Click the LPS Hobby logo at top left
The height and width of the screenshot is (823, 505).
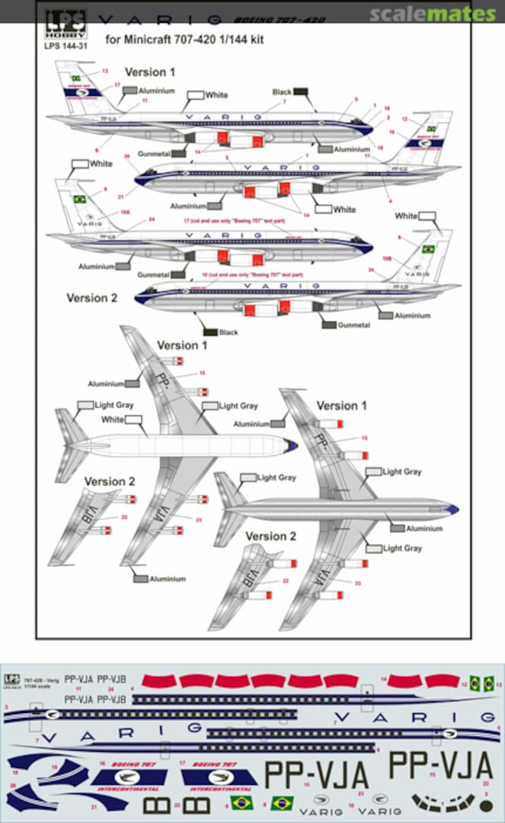66,23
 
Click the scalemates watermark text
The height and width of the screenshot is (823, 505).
433,14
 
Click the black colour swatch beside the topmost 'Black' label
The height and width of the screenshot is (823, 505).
301,91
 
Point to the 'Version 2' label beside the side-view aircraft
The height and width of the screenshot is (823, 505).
91,298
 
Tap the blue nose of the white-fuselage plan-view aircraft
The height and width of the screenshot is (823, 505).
291,446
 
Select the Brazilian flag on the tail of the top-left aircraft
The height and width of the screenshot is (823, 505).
76,78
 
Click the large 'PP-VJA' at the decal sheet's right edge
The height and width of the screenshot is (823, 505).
441,764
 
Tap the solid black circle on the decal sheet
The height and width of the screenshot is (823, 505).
485,803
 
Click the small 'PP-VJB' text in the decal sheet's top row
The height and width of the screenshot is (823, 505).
112,678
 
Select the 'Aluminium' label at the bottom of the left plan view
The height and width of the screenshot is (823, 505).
167,579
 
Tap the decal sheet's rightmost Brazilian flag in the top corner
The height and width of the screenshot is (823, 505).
488,683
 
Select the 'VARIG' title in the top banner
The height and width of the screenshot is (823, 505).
161,20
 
